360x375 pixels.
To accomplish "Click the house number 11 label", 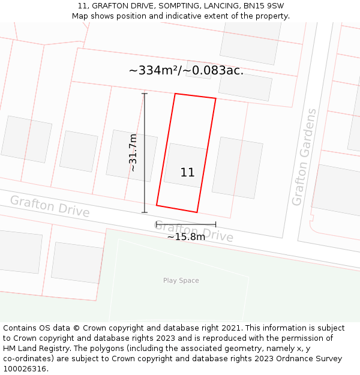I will pyautogui.click(x=187, y=173).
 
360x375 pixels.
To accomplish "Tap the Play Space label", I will pyautogui.click(x=181, y=281).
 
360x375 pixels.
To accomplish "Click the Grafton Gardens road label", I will pyautogui.click(x=304, y=157).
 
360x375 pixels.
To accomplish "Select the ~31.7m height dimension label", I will pyautogui.click(x=133, y=153).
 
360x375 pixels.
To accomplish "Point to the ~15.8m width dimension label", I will pyautogui.click(x=186, y=237).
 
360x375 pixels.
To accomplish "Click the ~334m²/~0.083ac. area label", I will pyautogui.click(x=186, y=71).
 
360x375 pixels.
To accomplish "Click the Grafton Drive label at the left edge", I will pyautogui.click(x=49, y=206).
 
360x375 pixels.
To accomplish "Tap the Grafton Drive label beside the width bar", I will pyautogui.click(x=194, y=232).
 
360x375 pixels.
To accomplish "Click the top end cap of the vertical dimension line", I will pyautogui.click(x=144, y=94).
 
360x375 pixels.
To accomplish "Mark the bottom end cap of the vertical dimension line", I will pyautogui.click(x=144, y=212).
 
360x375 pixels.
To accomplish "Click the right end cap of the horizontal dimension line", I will pyautogui.click(x=215, y=224).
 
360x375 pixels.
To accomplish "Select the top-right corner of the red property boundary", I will pyautogui.click(x=215, y=98).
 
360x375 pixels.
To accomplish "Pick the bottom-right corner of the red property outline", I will pyautogui.click(x=197, y=212).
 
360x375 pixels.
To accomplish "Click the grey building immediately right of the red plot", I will pyautogui.click(x=238, y=167).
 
